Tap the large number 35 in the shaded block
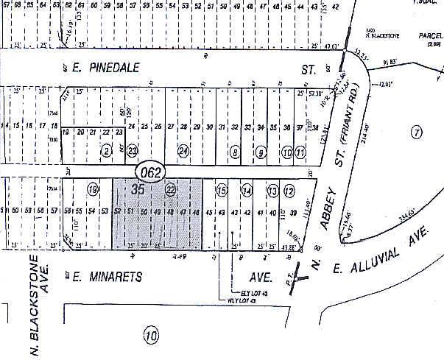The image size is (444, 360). [138, 189]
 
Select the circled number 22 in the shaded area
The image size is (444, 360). [171, 190]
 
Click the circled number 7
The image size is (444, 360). [416, 133]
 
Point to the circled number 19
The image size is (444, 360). [93, 189]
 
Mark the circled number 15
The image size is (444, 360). [221, 191]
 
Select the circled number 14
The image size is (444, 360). [247, 191]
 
